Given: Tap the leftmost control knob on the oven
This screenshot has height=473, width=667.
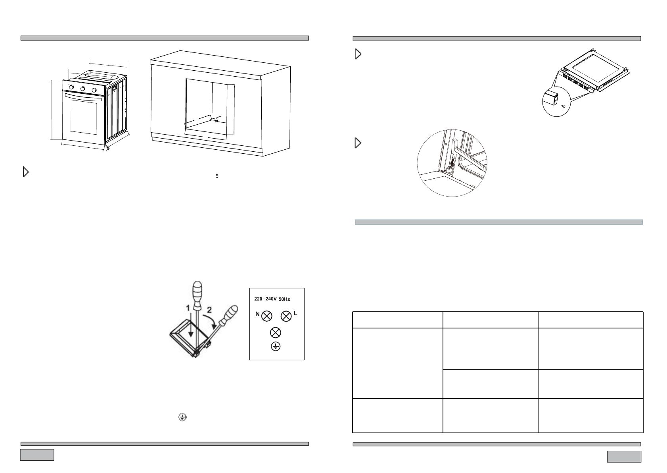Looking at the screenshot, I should point(72,87).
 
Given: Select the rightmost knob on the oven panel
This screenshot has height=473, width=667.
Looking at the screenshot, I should point(94,90).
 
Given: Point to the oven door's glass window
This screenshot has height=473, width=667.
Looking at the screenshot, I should point(83,117).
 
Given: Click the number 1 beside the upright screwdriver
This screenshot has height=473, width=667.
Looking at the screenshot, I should point(189,308).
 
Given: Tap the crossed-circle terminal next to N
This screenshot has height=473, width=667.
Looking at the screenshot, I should point(267,316).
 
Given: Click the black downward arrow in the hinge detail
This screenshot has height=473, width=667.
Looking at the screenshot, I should point(452,162).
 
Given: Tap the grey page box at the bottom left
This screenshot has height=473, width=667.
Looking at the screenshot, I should point(37,454).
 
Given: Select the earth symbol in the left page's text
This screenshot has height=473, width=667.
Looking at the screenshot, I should point(182,417).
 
